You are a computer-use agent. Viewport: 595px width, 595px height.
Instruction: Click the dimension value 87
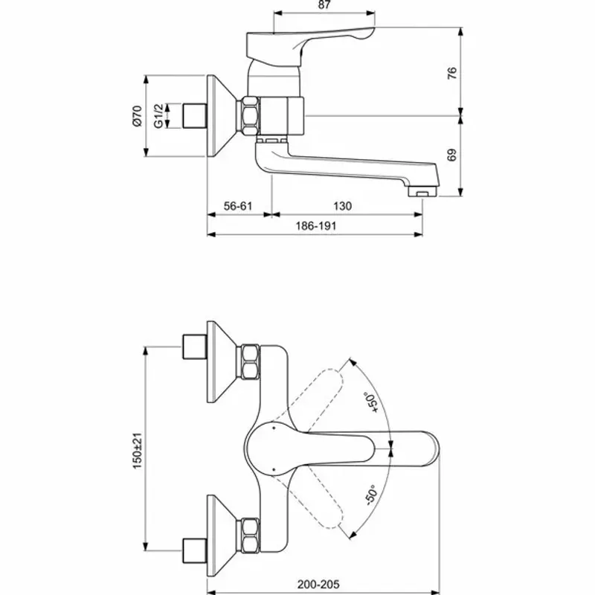coord(324,6)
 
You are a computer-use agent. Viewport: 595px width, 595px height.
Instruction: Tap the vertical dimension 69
coord(452,155)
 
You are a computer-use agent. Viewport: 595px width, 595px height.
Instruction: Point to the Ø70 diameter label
coord(136,116)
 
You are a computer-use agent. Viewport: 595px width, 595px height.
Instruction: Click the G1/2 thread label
coord(158,116)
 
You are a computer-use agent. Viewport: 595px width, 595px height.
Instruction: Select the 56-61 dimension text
coord(237,206)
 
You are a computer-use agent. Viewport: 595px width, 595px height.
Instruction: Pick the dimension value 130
coord(342,206)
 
